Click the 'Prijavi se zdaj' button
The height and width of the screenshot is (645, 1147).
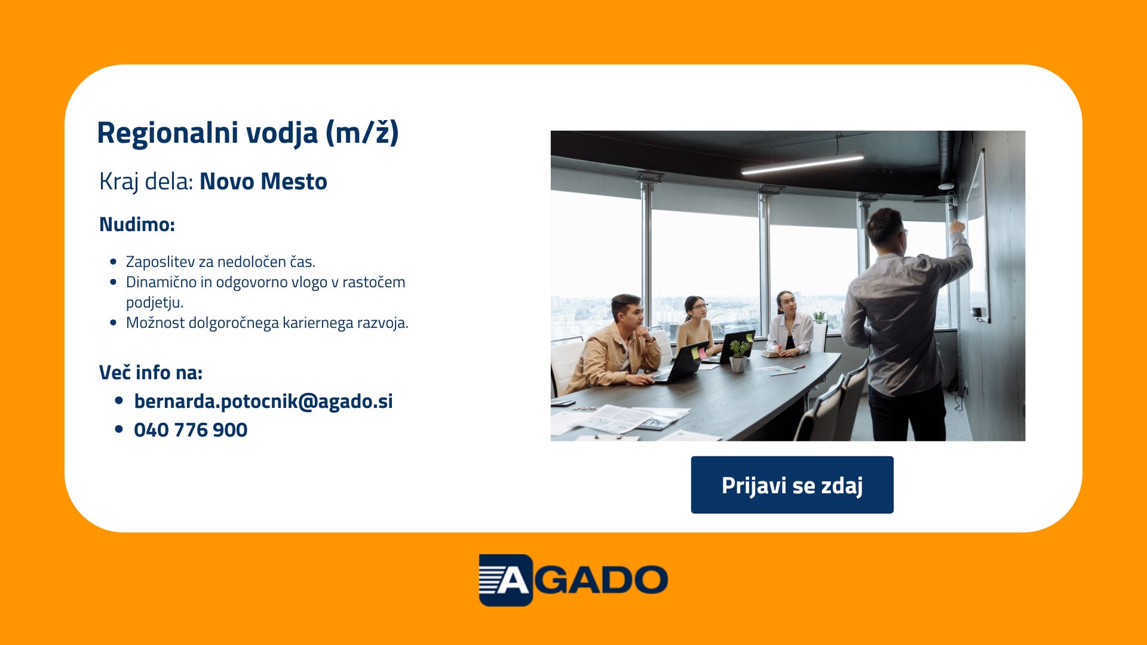pos(792,485)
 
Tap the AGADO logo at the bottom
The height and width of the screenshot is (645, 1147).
pos(573,580)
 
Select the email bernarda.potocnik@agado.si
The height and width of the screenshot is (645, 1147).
pos(263,401)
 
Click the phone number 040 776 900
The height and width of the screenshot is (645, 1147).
pos(191,430)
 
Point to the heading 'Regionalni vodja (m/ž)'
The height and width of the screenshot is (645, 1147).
pos(248,133)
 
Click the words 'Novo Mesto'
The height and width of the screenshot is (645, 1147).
pos(263,182)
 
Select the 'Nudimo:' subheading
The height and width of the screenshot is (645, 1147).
pos(137,225)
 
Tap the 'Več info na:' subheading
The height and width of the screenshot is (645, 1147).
pos(151,372)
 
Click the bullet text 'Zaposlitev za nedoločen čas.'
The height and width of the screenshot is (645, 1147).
pos(220,262)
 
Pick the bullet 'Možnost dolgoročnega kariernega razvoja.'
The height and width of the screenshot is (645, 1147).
pos(267,323)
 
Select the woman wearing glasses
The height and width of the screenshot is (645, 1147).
pos(695,327)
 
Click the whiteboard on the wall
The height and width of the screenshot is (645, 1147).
pos(977,236)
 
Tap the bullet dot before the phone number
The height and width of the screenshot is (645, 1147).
pos(119,429)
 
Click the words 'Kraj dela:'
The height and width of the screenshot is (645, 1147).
pos(146,182)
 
